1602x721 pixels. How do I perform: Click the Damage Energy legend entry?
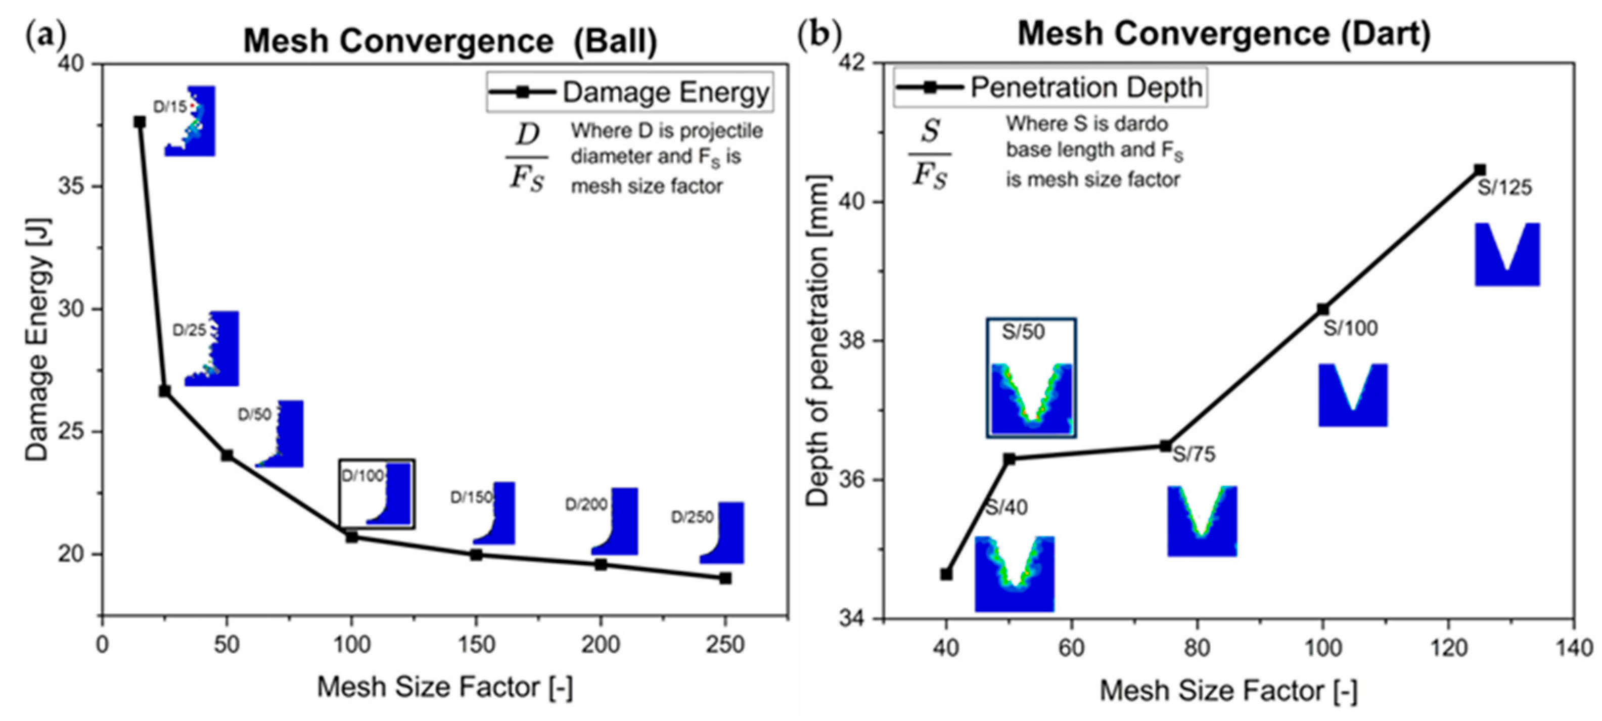629,93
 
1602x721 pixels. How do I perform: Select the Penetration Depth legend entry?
1050,87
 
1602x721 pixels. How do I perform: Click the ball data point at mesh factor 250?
724,578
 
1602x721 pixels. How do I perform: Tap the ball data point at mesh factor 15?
140,122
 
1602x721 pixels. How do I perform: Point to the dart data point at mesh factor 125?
1480,170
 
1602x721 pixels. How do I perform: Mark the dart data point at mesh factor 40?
946,574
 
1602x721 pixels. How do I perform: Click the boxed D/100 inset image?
377,494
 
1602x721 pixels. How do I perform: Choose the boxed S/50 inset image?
1031,378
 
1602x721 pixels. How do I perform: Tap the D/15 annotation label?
170,107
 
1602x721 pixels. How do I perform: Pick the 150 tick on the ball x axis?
476,645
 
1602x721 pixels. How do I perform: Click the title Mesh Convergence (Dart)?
1224,33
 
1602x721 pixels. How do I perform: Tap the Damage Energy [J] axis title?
37,339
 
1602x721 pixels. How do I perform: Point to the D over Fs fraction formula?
527,157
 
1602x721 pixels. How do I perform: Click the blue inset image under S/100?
1353,395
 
